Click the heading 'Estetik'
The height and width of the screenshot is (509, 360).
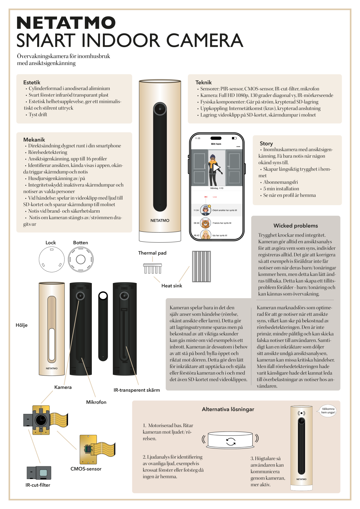coord(32,82)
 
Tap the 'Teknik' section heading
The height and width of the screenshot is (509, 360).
coord(203,82)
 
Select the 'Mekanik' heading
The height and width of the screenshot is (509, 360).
coord(34,140)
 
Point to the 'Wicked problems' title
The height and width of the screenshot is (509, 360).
coord(295,226)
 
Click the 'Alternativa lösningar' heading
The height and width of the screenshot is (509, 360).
coord(228,409)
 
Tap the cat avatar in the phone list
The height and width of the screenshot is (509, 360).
coord(205,223)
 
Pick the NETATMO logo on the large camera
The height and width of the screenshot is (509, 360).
coord(160,220)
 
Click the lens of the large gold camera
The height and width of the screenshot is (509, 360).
coord(160,109)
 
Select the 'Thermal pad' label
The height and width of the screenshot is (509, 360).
coord(152,253)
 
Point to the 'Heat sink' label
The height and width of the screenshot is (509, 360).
coord(172,286)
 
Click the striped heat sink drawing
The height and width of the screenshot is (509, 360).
coord(201,266)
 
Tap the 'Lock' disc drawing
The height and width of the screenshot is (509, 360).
coord(52,259)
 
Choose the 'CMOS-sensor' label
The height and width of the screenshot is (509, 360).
coord(86,469)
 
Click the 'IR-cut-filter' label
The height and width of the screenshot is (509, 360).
coord(38,485)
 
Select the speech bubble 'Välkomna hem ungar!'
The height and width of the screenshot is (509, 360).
coord(328,411)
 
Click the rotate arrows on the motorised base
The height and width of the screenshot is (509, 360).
coord(231,442)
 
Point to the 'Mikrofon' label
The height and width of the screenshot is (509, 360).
coord(96,402)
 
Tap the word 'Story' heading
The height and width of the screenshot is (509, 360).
coord(266,144)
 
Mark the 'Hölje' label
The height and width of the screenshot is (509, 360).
coord(22,325)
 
